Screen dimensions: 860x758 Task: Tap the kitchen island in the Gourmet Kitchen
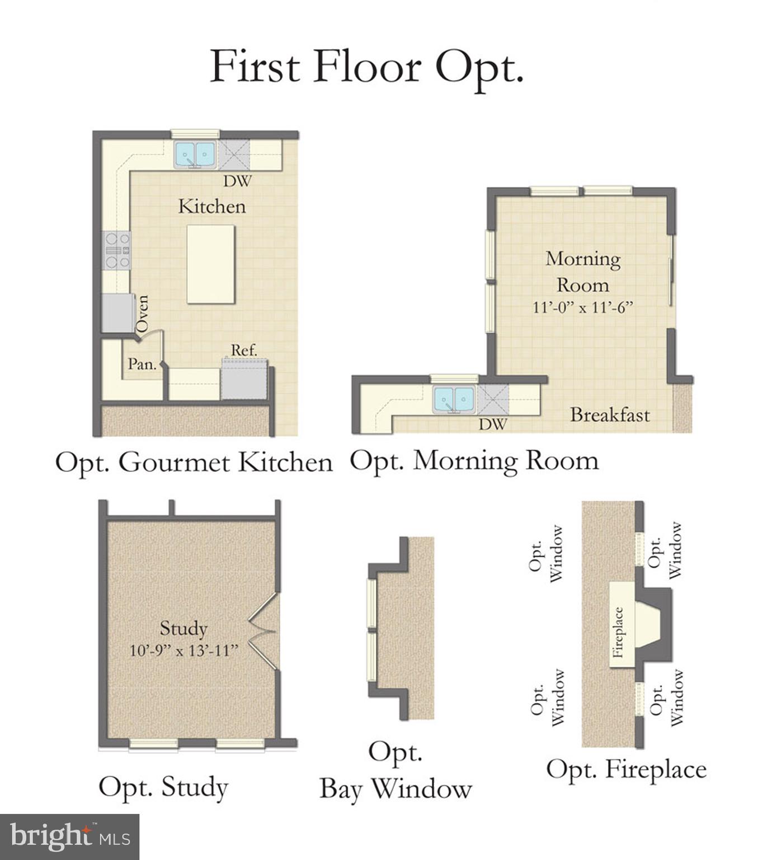[x=210, y=264]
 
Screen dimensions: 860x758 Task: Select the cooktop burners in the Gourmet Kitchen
[x=116, y=250]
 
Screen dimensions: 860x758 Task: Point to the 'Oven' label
[x=143, y=314]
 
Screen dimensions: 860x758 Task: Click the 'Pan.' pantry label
[x=142, y=364]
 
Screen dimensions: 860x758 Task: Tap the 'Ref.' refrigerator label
[x=244, y=350]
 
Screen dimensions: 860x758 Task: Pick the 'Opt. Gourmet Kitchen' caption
[x=194, y=463]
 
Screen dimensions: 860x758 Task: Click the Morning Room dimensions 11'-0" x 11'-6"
[x=582, y=307]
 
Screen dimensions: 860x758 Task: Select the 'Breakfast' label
[x=610, y=415]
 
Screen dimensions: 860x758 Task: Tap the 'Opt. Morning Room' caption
[x=474, y=461]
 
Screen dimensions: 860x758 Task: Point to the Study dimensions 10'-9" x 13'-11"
[x=184, y=651]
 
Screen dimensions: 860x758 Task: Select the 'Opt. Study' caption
[x=163, y=787]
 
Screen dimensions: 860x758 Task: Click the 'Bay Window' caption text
[x=396, y=789]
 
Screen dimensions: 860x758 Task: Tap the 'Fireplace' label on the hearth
[x=618, y=632]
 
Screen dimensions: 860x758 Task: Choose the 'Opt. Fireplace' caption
[x=626, y=769]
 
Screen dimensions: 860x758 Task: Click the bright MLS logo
[x=69, y=837]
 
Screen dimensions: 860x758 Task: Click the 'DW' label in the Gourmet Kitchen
[x=237, y=181]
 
